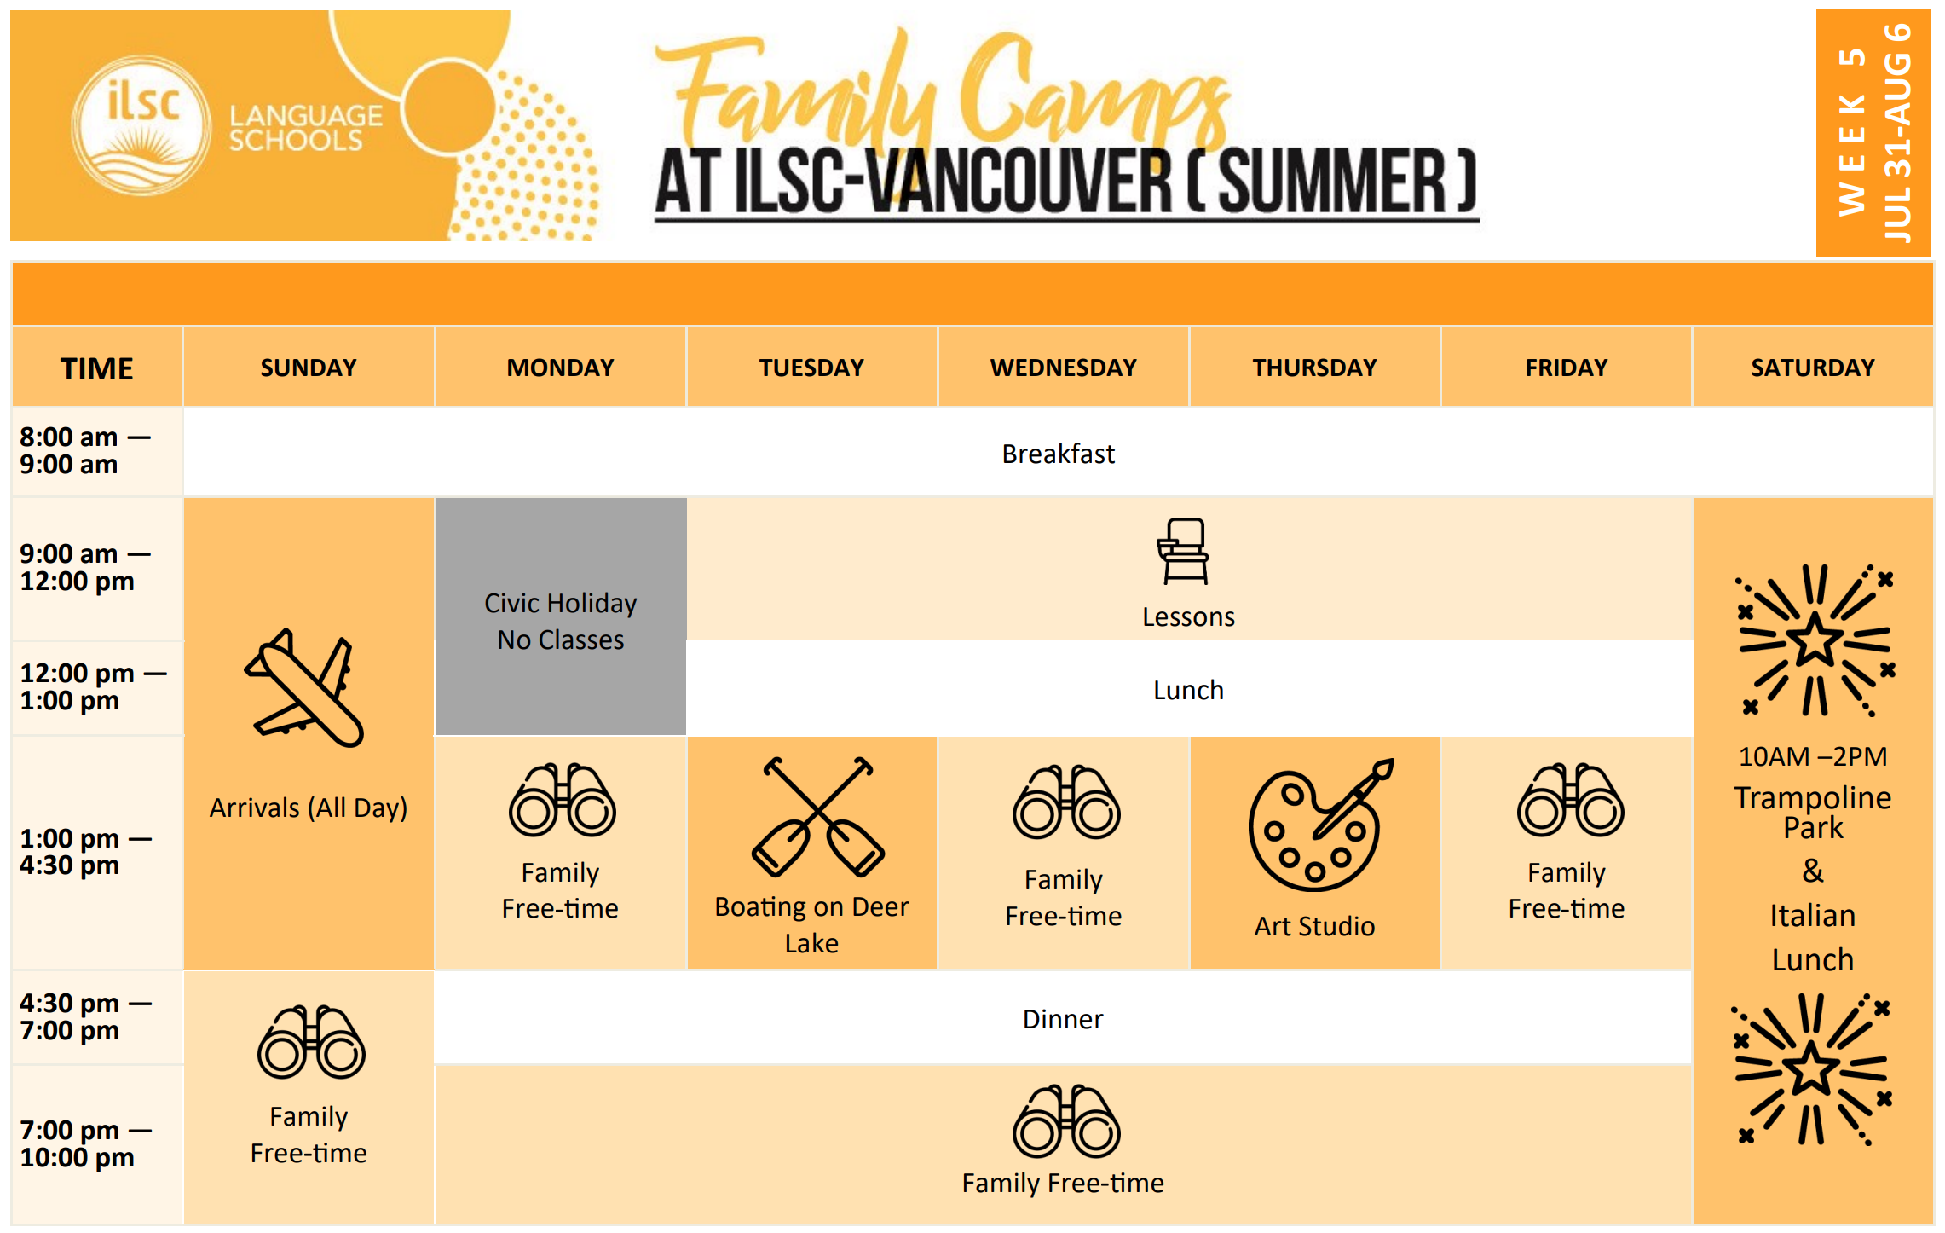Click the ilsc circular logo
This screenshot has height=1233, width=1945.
141,125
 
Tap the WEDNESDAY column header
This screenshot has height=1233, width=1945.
1063,368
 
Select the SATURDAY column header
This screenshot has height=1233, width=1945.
1812,368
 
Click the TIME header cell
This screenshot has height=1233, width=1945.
96,368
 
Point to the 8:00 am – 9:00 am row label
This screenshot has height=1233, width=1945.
84,450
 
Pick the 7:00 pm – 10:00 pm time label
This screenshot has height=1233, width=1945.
84,1143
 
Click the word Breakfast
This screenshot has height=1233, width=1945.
1058,454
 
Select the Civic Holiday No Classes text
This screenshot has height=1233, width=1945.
560,621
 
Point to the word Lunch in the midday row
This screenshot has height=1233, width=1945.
1188,690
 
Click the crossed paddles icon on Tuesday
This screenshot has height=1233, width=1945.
817,817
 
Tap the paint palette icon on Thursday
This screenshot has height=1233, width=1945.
1318,825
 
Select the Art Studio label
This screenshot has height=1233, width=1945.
1314,926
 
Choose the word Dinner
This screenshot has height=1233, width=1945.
1062,1019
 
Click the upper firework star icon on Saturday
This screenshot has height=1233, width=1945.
1815,640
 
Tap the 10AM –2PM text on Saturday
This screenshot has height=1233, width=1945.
1813,756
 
